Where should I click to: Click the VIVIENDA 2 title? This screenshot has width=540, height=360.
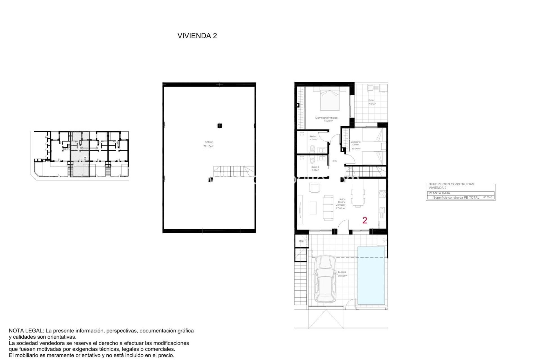pyautogui.click(x=197, y=36)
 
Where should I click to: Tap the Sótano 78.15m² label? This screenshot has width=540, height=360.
pyautogui.click(x=208, y=144)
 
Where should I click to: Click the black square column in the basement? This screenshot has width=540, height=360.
pyautogui.click(x=220, y=126)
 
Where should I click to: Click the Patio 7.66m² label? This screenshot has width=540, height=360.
pyautogui.click(x=372, y=102)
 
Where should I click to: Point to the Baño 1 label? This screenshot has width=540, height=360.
pyautogui.click(x=314, y=138)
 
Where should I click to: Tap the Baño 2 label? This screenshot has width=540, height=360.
pyautogui.click(x=315, y=168)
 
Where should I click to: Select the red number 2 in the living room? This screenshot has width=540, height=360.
pyautogui.click(x=365, y=220)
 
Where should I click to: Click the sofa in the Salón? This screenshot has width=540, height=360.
pyautogui.click(x=328, y=208)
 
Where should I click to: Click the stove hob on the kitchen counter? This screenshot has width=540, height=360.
pyautogui.click(x=382, y=193)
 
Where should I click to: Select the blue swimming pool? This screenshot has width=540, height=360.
pyautogui.click(x=371, y=275)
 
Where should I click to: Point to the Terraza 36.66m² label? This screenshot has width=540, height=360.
pyautogui.click(x=342, y=274)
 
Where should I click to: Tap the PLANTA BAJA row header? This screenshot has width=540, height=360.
pyautogui.click(x=439, y=193)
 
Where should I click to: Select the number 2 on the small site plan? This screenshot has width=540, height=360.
pyautogui.click(x=85, y=158)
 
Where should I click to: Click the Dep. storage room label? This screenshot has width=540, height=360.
pyautogui.click(x=301, y=241)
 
